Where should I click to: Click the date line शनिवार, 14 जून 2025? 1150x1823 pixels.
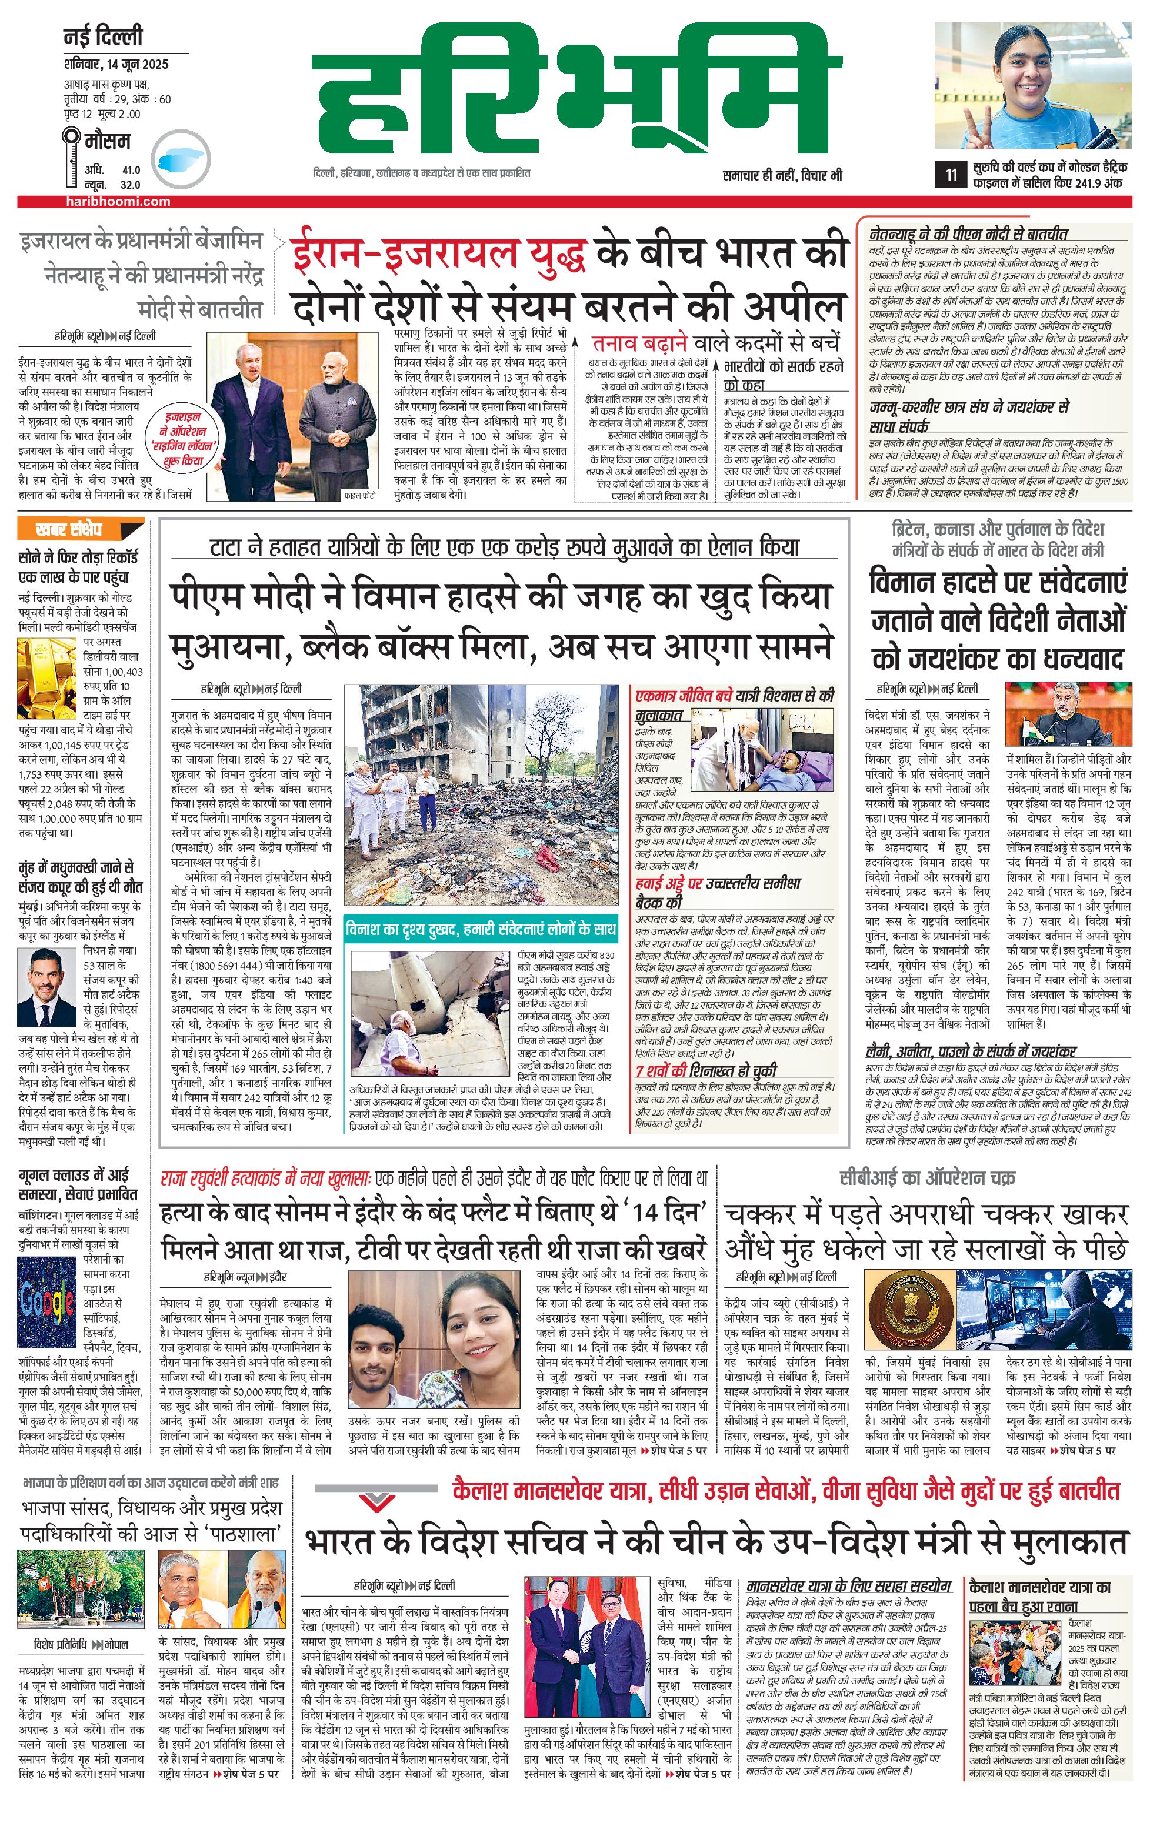(x=116, y=64)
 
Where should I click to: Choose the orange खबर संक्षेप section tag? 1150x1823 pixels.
(x=80, y=529)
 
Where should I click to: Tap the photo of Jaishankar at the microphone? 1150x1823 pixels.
(x=1068, y=716)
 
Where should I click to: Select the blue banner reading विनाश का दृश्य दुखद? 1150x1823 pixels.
(x=481, y=929)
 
